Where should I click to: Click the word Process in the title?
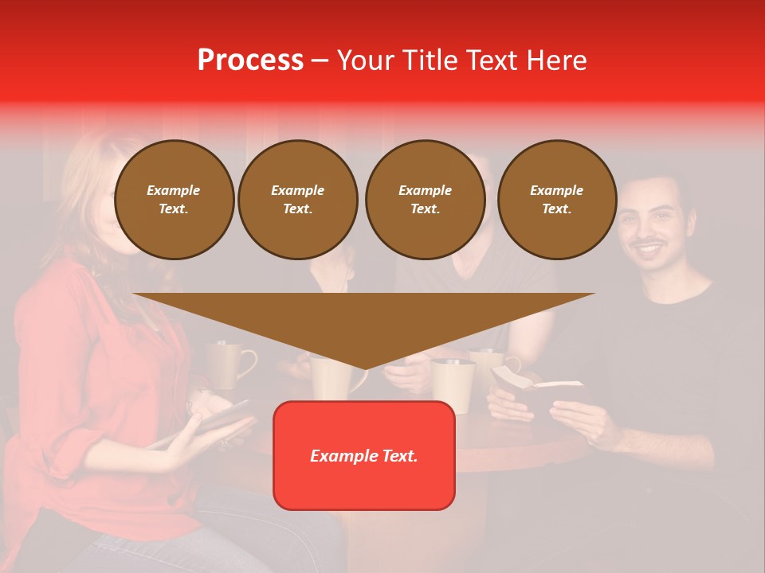coord(250,60)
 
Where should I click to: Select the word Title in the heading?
coord(433,60)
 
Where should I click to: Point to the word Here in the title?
coord(558,60)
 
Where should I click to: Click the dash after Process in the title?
coord(320,61)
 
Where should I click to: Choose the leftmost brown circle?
coord(174,199)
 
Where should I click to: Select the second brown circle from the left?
coord(297,199)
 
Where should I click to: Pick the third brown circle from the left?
coord(425,199)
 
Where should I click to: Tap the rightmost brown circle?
coord(556,199)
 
